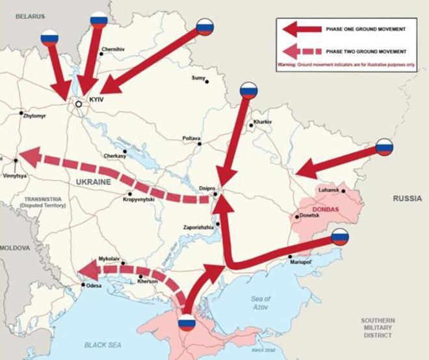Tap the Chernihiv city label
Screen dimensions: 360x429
pyautogui.click(x=112, y=49)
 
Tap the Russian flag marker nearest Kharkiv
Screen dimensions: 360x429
pyautogui.click(x=249, y=90)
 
